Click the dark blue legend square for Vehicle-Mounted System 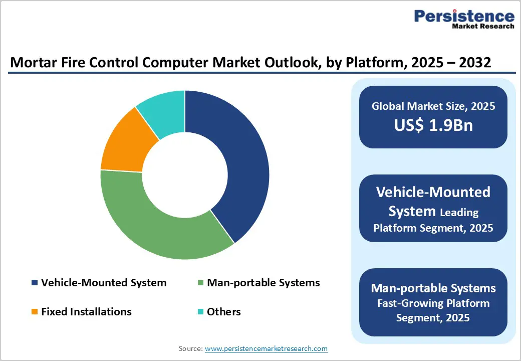pos(35,283)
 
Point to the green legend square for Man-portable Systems pos(200,283)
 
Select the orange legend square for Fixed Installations pos(35,312)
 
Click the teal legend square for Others pos(200,312)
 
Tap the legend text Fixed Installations pos(86,312)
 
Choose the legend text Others pos(224,312)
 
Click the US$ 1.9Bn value pos(433,125)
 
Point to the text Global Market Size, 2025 pos(433,106)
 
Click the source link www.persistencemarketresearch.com pos(267,348)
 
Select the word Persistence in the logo pos(464,16)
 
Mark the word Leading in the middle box pos(459,213)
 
